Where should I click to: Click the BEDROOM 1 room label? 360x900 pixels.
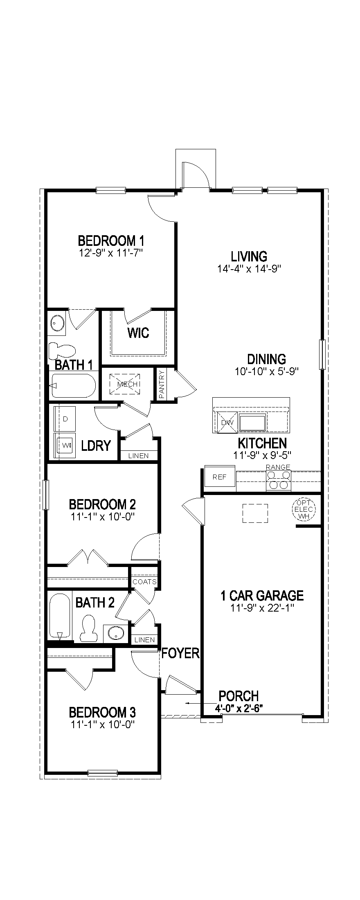click(111, 240)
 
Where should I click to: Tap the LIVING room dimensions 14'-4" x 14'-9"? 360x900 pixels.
click(249, 269)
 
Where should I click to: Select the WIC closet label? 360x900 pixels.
click(138, 333)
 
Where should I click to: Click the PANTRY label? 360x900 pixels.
click(162, 385)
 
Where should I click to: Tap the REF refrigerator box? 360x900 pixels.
click(220, 477)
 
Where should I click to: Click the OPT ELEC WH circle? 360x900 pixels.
click(304, 509)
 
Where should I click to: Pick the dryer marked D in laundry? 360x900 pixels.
click(65, 419)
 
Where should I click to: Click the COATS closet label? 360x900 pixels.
click(144, 582)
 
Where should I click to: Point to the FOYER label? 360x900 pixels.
click(180, 653)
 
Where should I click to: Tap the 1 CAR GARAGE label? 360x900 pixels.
click(262, 595)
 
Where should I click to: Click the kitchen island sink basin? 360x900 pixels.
click(253, 422)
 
